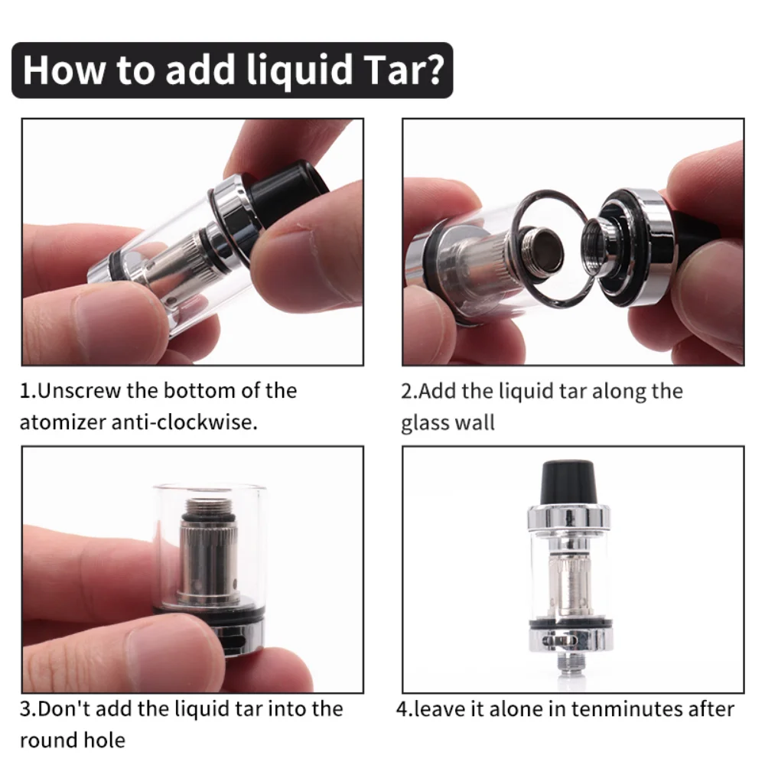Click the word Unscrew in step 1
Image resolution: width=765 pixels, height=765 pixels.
80,391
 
